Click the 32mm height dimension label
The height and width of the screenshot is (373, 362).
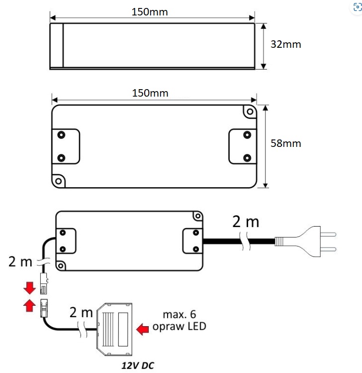pyautogui.click(x=286, y=44)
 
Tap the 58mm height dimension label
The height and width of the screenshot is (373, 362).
pyautogui.click(x=286, y=143)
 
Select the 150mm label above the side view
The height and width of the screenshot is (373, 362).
pyautogui.click(x=150, y=12)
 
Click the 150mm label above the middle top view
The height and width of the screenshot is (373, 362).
pyautogui.click(x=150, y=93)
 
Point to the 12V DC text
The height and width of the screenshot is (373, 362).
pyautogui.click(x=138, y=366)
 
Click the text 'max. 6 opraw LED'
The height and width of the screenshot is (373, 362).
pyautogui.click(x=180, y=320)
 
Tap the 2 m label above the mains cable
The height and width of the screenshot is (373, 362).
pyautogui.click(x=246, y=222)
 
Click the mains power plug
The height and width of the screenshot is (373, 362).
pyautogui.click(x=305, y=242)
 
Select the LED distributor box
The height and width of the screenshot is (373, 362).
pyautogui.click(x=114, y=329)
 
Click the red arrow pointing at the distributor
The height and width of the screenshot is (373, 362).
pyautogui.click(x=143, y=329)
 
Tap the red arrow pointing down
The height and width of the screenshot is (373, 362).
pyautogui.click(x=29, y=288)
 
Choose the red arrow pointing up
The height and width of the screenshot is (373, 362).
pyautogui.click(x=29, y=306)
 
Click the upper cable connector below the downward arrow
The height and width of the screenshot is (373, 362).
pyautogui.click(x=44, y=283)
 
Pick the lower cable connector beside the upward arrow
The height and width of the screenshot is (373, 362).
pyautogui.click(x=44, y=308)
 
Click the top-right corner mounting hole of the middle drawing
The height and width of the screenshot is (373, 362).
pyautogui.click(x=250, y=112)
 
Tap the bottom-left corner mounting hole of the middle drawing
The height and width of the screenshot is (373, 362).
pyautogui.click(x=59, y=181)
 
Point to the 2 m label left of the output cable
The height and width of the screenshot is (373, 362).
pyautogui.click(x=20, y=261)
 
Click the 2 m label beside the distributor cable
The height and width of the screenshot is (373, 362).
pyautogui.click(x=81, y=312)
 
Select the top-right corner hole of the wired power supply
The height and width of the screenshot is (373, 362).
pyautogui.click(x=197, y=216)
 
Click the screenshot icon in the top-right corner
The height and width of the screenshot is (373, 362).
pyautogui.click(x=358, y=7)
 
